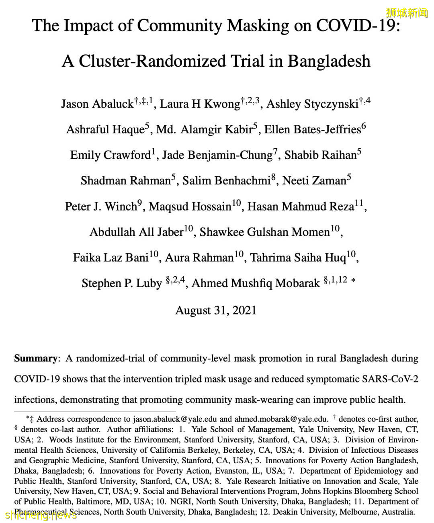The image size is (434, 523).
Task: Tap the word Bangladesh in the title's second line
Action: (x=329, y=61)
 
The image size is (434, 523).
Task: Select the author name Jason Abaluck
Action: (x=97, y=104)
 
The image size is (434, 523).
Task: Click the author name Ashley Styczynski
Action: (x=312, y=104)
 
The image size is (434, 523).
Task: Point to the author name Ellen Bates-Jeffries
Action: (x=312, y=129)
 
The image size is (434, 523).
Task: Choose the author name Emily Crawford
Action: (x=110, y=155)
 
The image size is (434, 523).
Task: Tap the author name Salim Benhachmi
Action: (x=226, y=181)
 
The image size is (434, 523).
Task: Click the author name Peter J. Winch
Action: (x=101, y=206)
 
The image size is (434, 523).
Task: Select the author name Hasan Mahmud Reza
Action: (x=301, y=206)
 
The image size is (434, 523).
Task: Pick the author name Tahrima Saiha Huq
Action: (x=298, y=257)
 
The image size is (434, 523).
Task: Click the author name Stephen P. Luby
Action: (x=121, y=283)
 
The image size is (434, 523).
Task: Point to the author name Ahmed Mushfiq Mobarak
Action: (x=256, y=283)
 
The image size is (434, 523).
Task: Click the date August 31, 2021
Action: (x=216, y=311)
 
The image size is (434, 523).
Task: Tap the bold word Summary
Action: (x=36, y=358)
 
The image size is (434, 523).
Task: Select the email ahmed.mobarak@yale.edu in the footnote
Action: (x=281, y=419)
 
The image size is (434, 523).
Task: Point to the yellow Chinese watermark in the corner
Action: (x=407, y=13)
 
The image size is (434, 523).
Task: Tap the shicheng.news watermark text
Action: (x=40, y=515)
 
